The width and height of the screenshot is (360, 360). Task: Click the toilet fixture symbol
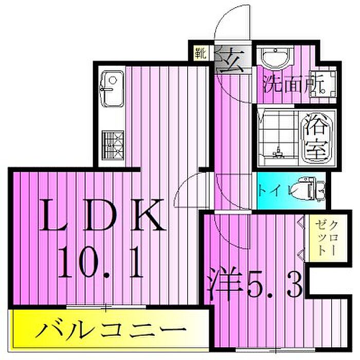[x=311, y=189]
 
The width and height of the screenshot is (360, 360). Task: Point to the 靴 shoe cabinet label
[x=199, y=52]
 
